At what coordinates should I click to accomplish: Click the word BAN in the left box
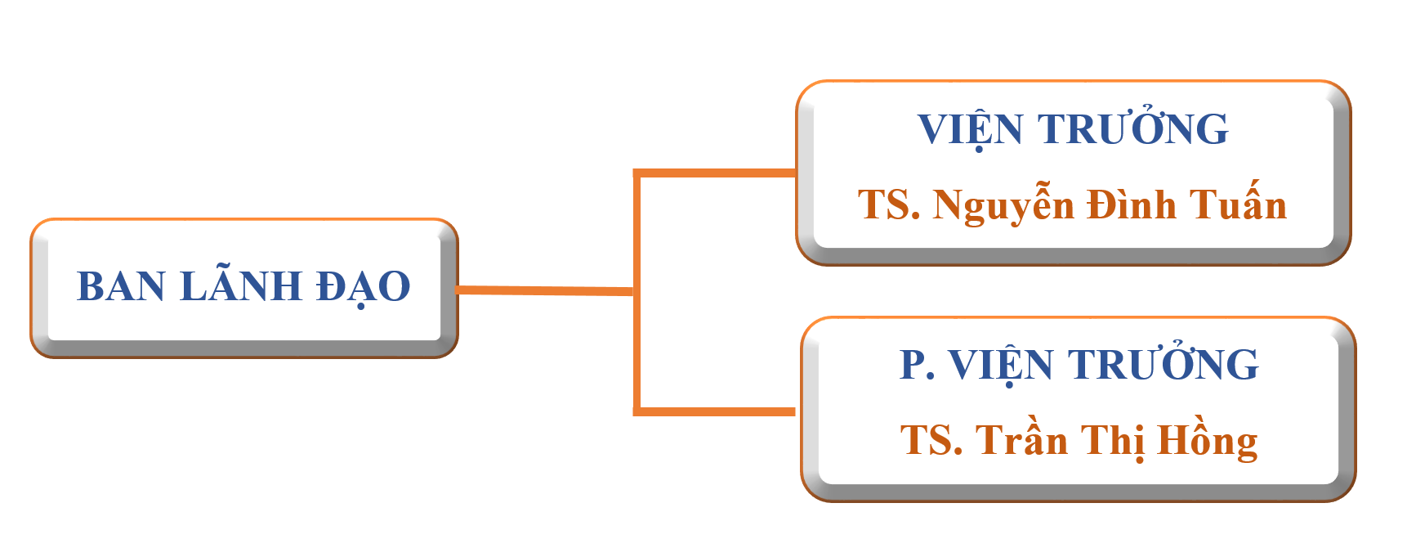click(x=121, y=287)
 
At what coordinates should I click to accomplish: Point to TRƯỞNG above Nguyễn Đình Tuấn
click(x=1132, y=129)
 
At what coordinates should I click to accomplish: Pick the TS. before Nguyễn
click(x=888, y=205)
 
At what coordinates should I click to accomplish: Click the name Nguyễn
click(x=1003, y=205)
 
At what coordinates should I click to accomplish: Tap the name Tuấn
click(x=1238, y=205)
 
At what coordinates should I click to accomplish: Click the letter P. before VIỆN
click(x=917, y=365)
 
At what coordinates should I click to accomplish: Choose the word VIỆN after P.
click(x=1001, y=366)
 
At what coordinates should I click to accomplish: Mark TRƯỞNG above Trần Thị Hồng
click(x=1164, y=365)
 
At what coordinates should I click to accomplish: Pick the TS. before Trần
click(x=931, y=441)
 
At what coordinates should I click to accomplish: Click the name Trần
click(x=1021, y=441)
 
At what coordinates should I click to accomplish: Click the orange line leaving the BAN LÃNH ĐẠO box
click(x=544, y=290)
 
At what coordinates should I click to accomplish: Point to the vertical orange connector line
click(x=636, y=352)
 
